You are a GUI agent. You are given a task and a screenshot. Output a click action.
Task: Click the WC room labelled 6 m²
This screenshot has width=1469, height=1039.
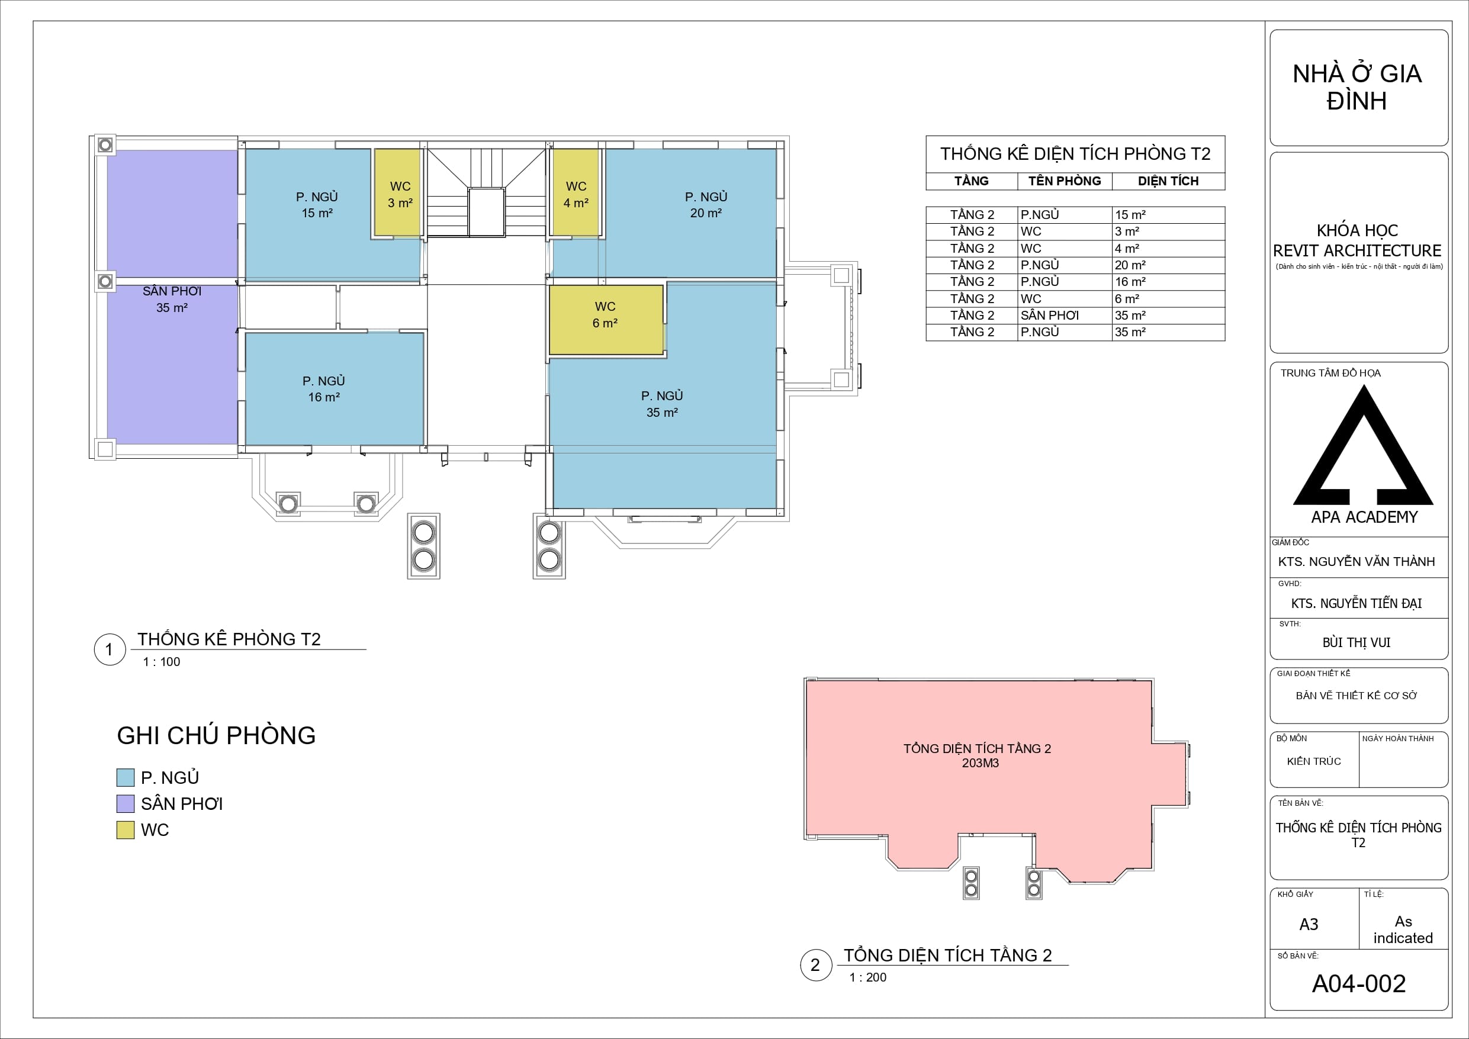click(606, 320)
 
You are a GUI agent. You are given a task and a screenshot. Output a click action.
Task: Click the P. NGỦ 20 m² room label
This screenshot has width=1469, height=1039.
click(706, 205)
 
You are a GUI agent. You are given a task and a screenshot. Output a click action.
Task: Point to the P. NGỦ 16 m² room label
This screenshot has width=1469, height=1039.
click(324, 389)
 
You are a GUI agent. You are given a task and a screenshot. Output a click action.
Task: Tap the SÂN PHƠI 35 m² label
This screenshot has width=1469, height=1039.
click(172, 300)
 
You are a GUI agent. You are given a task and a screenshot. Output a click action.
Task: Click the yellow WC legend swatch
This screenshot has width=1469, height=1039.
click(126, 830)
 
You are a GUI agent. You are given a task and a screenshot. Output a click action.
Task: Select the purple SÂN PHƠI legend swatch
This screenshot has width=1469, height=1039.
click(126, 803)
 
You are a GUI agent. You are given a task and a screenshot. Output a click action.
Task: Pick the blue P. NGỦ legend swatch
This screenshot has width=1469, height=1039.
click(126, 777)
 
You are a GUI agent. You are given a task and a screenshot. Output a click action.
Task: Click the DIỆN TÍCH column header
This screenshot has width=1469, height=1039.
click(1168, 181)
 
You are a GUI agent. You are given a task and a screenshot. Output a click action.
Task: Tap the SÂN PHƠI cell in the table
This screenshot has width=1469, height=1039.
click(1050, 316)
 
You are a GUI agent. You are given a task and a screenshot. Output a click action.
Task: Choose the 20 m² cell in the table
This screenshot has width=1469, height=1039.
click(1130, 265)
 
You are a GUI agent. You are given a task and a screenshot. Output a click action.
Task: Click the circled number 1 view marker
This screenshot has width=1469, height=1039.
click(110, 650)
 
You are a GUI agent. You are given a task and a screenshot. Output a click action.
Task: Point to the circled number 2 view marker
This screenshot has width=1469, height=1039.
click(816, 966)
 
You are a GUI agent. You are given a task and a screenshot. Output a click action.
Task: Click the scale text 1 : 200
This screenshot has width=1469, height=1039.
click(868, 977)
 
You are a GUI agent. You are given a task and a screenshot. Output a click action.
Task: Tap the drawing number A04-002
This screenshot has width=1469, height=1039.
click(1359, 983)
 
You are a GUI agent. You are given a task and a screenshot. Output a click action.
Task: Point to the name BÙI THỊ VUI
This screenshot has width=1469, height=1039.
click(1357, 642)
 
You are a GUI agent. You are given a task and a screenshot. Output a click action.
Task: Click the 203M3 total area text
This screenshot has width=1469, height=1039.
click(980, 763)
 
